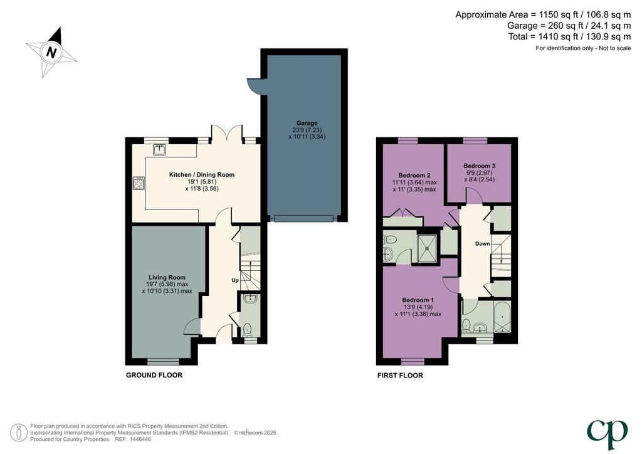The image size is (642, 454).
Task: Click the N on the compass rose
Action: (x=51, y=52)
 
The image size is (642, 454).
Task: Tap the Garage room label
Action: (x=307, y=123)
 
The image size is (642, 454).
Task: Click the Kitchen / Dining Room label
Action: (x=202, y=174)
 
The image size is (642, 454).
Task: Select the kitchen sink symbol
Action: (x=160, y=150)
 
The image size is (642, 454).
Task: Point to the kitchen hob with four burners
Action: (x=139, y=183)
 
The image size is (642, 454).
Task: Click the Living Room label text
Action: (x=167, y=277)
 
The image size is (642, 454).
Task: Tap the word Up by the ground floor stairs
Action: (x=235, y=280)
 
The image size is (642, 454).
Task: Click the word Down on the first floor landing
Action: (x=482, y=243)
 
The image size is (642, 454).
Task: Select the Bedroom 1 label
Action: (x=418, y=300)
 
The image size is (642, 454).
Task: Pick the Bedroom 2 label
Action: (x=414, y=175)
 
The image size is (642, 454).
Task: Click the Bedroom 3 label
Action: (x=480, y=166)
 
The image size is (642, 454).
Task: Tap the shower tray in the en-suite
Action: (x=427, y=248)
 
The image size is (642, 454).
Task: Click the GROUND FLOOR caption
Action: (x=154, y=375)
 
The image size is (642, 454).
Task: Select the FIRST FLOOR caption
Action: (x=400, y=376)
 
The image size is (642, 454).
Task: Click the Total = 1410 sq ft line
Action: (x=569, y=36)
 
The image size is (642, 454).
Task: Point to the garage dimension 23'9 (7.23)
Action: (x=307, y=130)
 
